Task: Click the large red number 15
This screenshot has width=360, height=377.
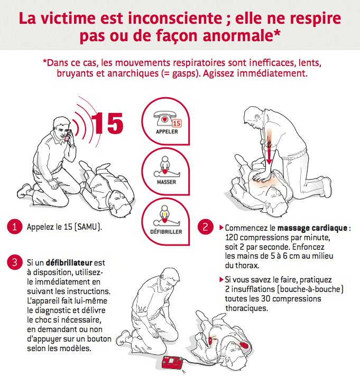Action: coord(108,121)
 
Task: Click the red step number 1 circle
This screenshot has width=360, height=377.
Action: coord(14,227)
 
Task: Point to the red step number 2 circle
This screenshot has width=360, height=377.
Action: coord(205,228)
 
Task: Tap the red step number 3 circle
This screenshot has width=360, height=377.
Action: coord(14,262)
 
